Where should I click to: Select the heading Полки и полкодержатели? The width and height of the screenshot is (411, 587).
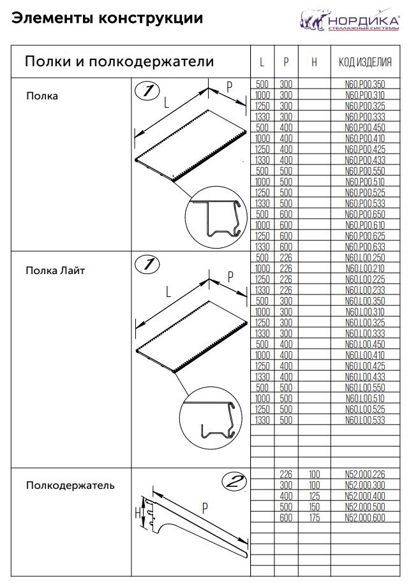119,62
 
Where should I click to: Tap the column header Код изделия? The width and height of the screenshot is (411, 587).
364,62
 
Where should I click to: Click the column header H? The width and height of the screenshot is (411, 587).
314,62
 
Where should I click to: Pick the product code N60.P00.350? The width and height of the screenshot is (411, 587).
364,84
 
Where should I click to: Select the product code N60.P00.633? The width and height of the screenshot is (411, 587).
364,247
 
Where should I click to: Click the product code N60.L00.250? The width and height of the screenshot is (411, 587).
364,257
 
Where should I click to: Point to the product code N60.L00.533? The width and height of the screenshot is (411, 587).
364,420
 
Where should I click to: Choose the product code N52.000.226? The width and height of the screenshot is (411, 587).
364,474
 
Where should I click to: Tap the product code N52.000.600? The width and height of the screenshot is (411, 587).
364,518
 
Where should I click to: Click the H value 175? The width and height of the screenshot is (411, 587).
314,518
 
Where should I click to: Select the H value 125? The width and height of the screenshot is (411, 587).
314,496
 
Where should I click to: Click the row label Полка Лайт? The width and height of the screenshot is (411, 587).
56,270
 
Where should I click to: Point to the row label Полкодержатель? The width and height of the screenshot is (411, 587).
70,486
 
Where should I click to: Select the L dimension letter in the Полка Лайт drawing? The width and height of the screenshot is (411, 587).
168,292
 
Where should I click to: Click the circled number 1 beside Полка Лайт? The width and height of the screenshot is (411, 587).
147,264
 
